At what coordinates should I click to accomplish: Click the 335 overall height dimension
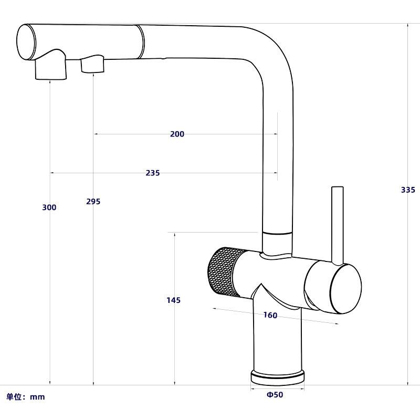[408, 190]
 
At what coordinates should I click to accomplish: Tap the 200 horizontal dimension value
[177, 134]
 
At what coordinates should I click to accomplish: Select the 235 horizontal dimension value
[152, 173]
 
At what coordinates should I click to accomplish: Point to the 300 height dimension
[49, 208]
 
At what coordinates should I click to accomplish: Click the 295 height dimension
[93, 202]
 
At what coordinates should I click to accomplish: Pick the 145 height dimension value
[173, 300]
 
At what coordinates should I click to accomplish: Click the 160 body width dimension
[270, 316]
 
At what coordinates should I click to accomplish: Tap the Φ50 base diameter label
[275, 395]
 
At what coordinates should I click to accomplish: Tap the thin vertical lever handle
[337, 223]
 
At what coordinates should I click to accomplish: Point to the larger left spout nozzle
[51, 69]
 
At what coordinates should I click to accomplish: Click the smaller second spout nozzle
[92, 66]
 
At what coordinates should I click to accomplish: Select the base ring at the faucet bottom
[278, 376]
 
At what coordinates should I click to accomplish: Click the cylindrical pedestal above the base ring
[278, 341]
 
